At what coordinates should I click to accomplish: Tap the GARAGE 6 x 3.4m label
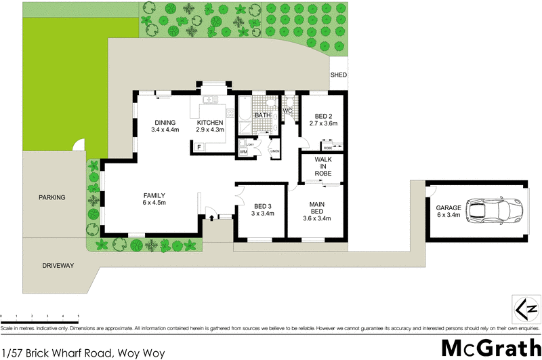[448, 211]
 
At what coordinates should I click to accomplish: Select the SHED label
[337, 76]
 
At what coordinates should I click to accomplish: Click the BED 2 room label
[323, 120]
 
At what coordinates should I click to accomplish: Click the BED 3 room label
[264, 211]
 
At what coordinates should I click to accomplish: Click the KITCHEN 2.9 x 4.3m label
[209, 126]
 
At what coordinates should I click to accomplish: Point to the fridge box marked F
[199, 147]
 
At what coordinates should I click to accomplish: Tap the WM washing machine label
[243, 153]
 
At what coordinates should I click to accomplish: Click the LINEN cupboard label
[274, 151]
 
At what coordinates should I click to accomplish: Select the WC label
[287, 111]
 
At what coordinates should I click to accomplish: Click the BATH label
[262, 116]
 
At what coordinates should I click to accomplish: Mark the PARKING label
[52, 198]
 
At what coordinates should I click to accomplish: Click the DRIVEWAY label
[57, 265]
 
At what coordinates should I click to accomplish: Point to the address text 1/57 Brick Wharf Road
[83, 353]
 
